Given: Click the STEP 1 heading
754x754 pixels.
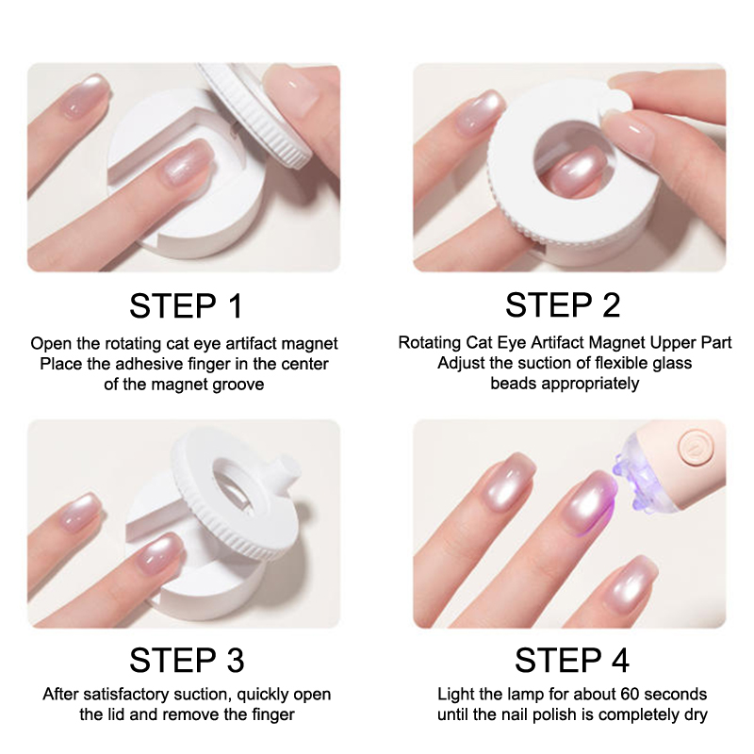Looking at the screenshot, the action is point(186,305).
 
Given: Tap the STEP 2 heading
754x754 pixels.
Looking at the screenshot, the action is point(563,304).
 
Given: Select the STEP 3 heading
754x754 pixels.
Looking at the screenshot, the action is point(187,660).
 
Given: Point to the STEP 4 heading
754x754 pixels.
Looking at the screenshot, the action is point(572,660).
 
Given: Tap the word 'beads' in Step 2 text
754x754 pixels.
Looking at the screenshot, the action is point(513,384).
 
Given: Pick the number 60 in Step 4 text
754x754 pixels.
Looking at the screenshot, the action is point(630,694).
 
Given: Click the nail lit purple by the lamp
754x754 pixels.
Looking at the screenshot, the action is point(593,500).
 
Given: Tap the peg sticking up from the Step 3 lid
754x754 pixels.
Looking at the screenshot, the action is point(287,467).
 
